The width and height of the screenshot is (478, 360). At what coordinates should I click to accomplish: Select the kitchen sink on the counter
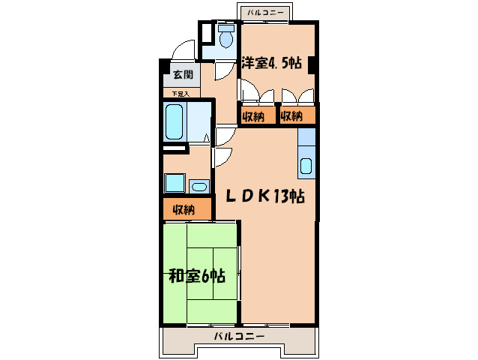tap(306, 166)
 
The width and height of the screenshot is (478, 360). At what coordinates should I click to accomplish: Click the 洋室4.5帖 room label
tap(271, 64)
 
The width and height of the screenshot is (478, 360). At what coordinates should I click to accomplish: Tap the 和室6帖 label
tap(196, 275)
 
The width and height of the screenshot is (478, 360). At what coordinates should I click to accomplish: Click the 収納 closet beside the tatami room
tap(184, 209)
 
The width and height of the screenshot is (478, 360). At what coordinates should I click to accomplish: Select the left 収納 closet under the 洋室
tap(253, 116)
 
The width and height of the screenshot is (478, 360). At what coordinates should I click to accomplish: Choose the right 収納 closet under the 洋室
tap(292, 116)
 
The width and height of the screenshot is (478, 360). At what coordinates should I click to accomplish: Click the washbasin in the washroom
tap(199, 186)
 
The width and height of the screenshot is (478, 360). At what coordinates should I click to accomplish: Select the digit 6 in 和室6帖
tap(206, 275)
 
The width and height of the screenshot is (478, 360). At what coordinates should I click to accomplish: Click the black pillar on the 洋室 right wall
tap(312, 64)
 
